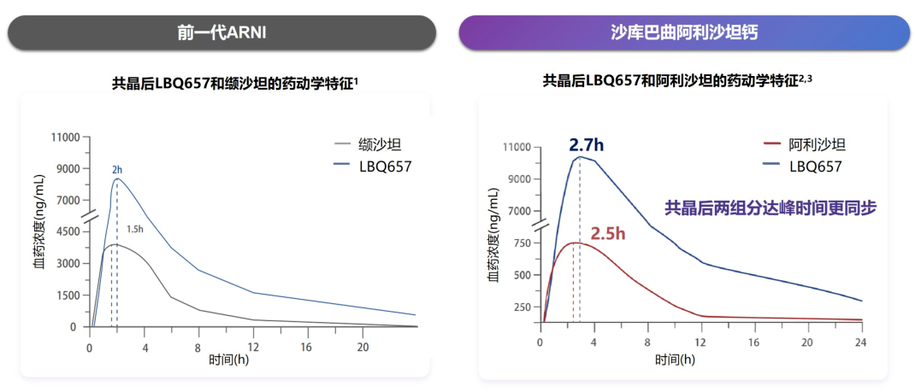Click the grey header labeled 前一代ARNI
click(222, 32)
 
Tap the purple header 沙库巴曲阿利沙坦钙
click(684, 32)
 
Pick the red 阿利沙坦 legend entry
click(817, 145)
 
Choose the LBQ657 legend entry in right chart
click(816, 166)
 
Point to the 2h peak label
click(117, 170)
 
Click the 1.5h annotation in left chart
click(135, 229)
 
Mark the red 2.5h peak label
click(608, 233)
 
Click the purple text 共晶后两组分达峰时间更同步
click(770, 207)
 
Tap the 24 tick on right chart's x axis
click(861, 342)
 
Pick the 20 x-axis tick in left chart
click(363, 348)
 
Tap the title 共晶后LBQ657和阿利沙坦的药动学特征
click(676, 80)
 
